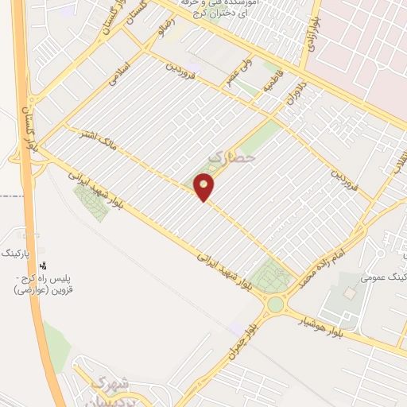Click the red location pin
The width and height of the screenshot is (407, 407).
204,186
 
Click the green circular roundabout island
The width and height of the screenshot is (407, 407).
275,304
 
